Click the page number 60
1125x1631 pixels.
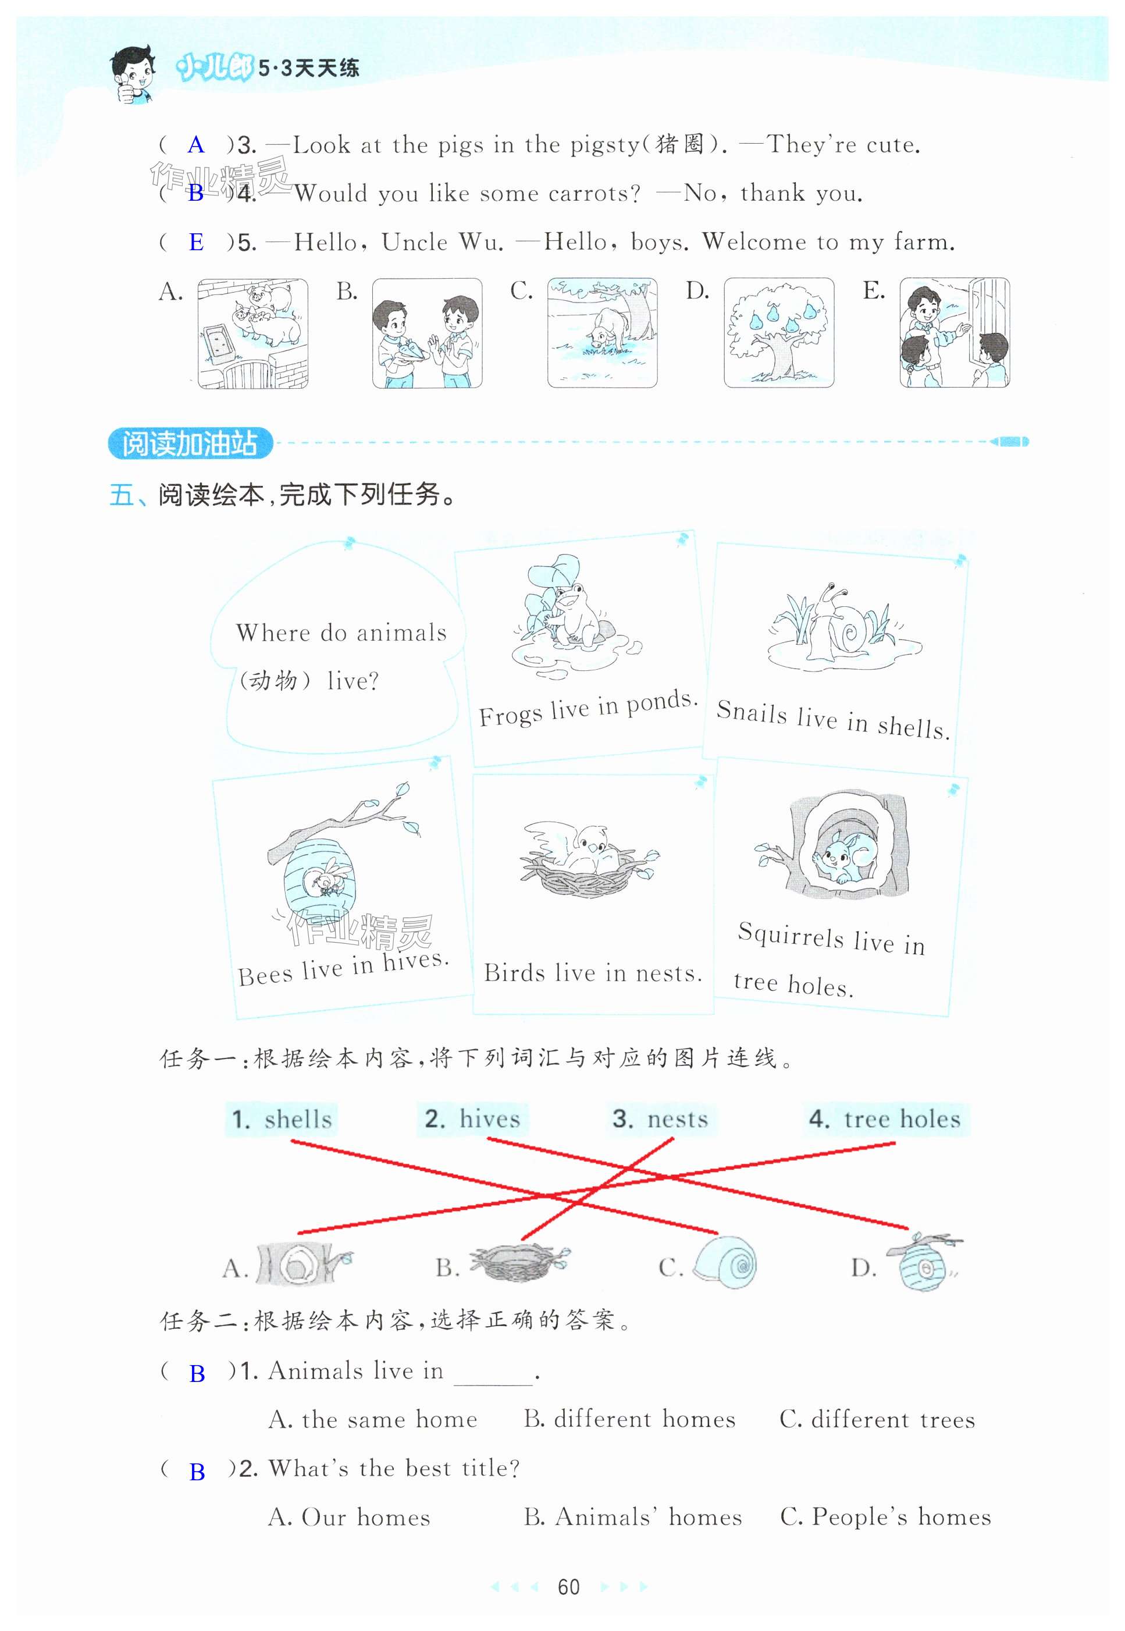[x=568, y=1587]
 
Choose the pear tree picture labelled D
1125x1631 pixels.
[x=779, y=333]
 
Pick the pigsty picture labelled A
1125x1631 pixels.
[x=252, y=333]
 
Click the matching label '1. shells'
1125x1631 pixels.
[x=282, y=1119]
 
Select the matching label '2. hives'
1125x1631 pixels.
[x=472, y=1118]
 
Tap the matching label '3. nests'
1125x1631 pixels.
[x=660, y=1118]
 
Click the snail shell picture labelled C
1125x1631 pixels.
[x=726, y=1266]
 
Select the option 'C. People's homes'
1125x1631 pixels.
[x=885, y=1517]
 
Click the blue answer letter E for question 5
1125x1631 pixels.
[x=196, y=243]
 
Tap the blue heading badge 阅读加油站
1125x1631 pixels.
[x=190, y=443]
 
